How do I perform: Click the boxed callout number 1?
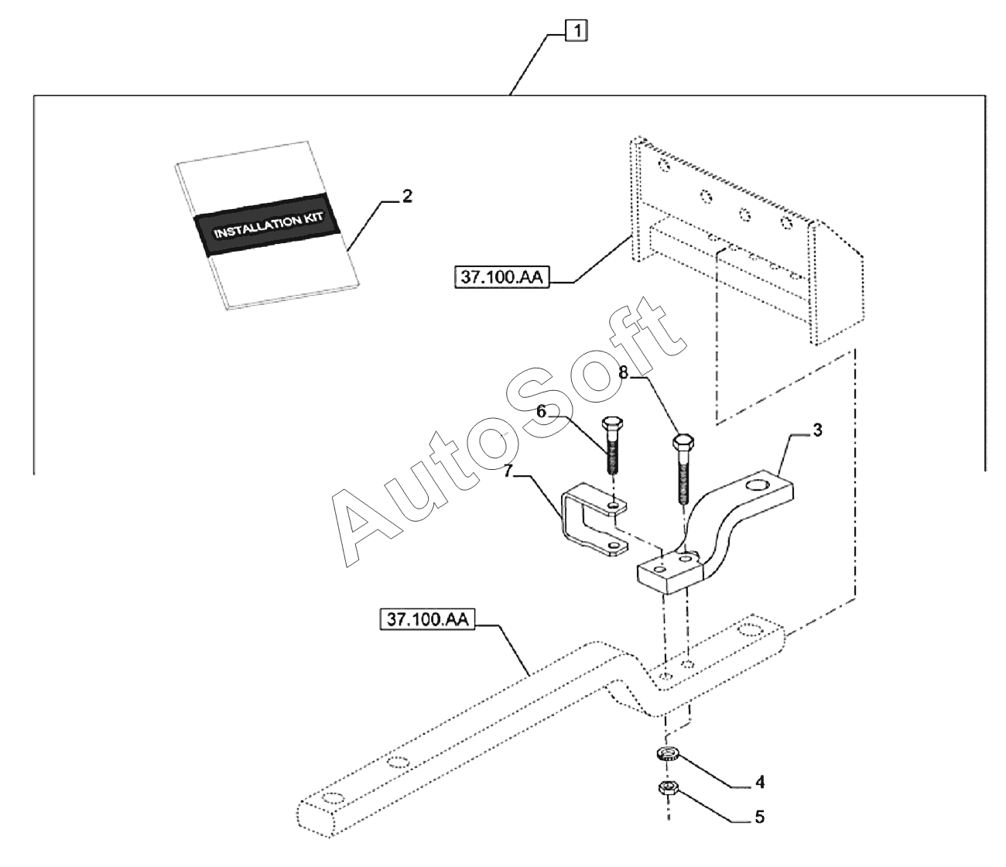577,32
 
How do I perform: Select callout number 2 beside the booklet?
407,197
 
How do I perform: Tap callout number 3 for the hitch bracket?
817,430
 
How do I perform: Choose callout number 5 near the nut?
760,817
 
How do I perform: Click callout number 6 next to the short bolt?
542,411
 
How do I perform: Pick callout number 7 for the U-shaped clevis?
508,471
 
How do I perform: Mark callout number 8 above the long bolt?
624,372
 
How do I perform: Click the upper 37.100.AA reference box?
501,277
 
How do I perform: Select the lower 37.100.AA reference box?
427,619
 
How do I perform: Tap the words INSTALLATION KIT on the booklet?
269,225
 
